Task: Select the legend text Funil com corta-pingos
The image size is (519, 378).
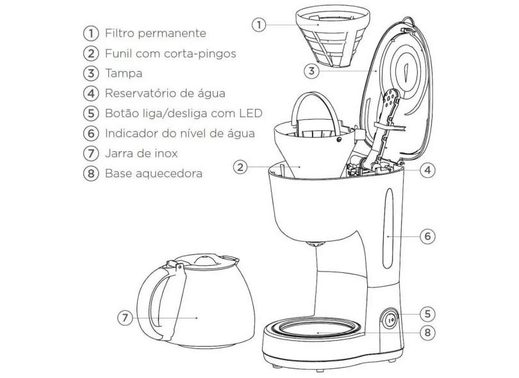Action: point(171,53)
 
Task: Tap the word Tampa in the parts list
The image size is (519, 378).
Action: point(124,73)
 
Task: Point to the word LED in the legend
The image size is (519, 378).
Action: point(250,113)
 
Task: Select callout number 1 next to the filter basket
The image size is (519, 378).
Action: point(258,25)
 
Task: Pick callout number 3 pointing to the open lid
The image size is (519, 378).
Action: point(311,71)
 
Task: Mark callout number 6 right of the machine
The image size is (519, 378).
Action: point(427,236)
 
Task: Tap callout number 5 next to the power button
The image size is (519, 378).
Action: point(428,314)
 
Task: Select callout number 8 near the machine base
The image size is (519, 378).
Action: point(428,333)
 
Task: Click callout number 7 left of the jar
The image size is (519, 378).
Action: point(126,318)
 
